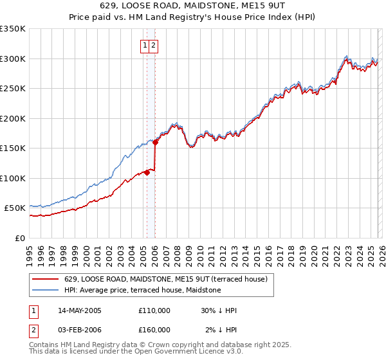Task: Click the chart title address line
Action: coord(193,6)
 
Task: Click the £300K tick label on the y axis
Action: coord(13,59)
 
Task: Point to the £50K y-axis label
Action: coord(15,208)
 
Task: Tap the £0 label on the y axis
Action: coord(21,239)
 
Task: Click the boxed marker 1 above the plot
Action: coord(145,46)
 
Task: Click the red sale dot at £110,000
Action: coord(147,172)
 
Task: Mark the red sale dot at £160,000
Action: coord(155,143)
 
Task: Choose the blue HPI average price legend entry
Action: coord(142,290)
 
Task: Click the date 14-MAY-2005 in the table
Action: coord(80,310)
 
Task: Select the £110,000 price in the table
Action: coord(154,310)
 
